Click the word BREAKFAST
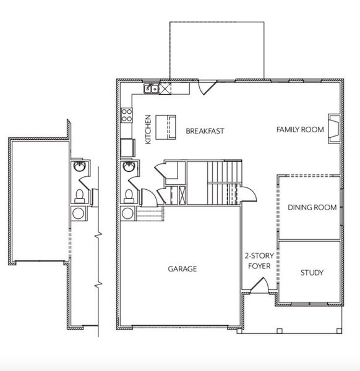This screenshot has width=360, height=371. click(205, 131)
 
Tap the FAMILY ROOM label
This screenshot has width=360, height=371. click(300, 129)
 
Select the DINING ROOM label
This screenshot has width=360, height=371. click(312, 207)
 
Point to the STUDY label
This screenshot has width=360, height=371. click(312, 273)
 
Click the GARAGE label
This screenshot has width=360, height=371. click(182, 269)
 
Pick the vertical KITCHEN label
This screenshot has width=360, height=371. click(148, 130)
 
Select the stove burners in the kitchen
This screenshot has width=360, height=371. click(126, 114)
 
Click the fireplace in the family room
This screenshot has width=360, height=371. click(333, 129)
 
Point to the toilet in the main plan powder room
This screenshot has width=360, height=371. click(129, 195)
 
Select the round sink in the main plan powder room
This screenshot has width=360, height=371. click(129, 167)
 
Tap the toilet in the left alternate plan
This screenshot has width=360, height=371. click(79, 195)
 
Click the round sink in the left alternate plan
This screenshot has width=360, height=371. click(79, 167)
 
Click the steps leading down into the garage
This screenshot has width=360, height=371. click(150, 214)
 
